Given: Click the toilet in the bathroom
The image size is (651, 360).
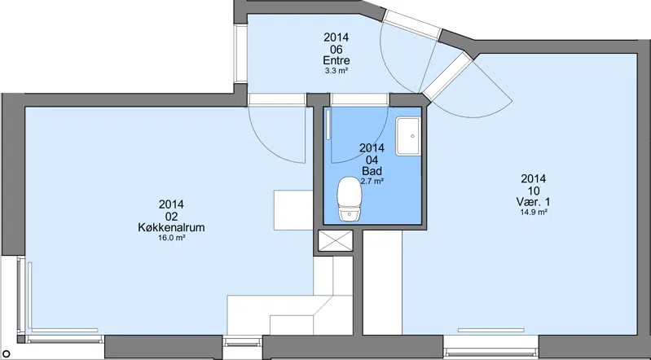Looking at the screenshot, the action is tap(350, 199).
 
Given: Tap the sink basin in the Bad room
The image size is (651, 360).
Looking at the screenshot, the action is tap(408, 136).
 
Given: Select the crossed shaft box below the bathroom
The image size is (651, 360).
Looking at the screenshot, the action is tap(336, 241).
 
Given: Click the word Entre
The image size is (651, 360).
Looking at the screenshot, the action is tap(336, 60).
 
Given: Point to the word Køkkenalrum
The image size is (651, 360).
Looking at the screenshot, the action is tap(171, 227).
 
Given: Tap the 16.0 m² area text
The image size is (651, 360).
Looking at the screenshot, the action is tap(171, 238).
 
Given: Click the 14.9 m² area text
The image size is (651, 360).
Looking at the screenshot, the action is tap(534, 212).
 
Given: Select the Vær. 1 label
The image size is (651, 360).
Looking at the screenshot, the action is tap(534, 202).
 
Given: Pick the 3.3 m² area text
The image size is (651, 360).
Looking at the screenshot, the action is tap(336, 71).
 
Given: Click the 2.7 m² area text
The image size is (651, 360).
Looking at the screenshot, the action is tap(372, 181).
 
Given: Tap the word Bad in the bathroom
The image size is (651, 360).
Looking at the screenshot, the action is tap(372, 171).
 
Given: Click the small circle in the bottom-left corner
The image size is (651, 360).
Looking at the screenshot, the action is tap(7, 353).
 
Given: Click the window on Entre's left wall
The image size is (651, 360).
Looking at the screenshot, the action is tap(240, 54).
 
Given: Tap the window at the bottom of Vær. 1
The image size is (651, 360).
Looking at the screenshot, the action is tap(490, 346).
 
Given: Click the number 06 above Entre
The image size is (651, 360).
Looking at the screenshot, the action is tap(336, 49).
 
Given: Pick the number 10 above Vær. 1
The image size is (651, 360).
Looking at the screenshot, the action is tap(534, 191).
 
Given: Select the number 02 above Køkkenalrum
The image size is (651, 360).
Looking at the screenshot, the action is tap(171, 217).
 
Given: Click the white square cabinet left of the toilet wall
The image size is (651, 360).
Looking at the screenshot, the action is tap(293, 210).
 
